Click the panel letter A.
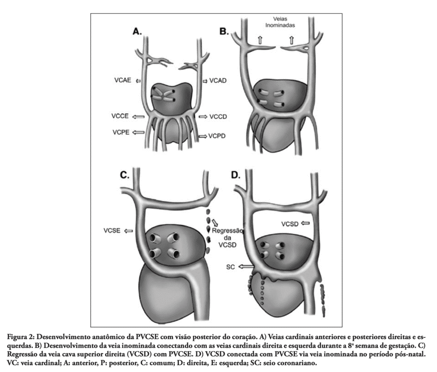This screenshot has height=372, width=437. click(137, 32)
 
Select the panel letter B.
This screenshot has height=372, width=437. click(224, 31)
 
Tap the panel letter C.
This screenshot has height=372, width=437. click(124, 175)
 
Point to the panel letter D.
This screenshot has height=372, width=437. click(236, 175)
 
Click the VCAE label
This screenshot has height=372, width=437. click(122, 80)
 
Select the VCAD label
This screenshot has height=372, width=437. click(218, 81)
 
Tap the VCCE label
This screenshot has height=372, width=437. click(120, 116)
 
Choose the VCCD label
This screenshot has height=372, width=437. click(218, 116)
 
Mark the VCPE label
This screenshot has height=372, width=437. click(121, 132)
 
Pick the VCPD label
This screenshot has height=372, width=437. click(217, 136)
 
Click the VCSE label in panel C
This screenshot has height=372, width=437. click(112, 230)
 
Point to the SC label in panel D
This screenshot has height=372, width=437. click(230, 267)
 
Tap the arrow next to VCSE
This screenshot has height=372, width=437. click(128, 231)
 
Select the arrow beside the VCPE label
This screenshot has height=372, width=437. click(138, 132)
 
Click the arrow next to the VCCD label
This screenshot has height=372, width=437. click(203, 116)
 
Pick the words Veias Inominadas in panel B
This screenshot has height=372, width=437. click(280, 22)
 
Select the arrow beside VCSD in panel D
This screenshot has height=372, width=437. click(306, 223)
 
